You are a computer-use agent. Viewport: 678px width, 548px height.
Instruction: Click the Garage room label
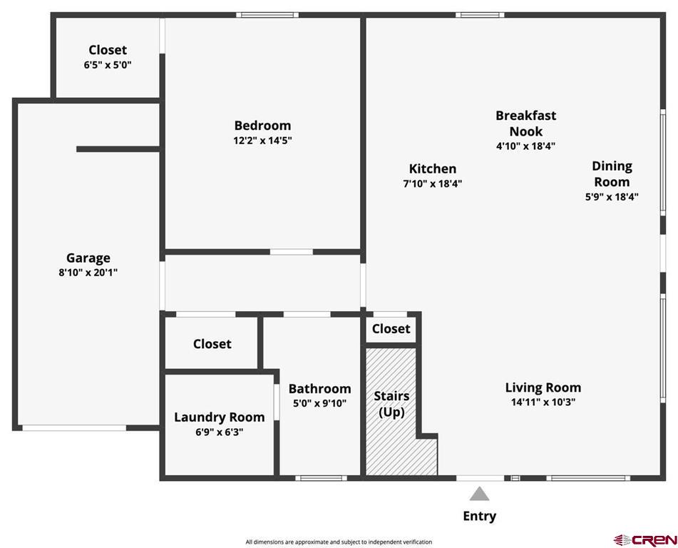(x=88, y=258)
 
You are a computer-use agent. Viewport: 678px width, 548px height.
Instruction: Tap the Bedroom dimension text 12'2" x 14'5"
(x=262, y=141)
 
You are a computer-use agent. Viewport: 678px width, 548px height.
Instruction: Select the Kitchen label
(x=433, y=168)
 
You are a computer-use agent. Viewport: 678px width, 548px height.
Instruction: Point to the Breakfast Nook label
(x=526, y=123)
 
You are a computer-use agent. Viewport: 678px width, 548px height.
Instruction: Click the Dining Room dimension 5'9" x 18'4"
(x=612, y=197)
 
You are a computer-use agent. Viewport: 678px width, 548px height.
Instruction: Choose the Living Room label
(x=543, y=387)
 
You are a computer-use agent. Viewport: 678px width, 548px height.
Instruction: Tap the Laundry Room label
(x=219, y=417)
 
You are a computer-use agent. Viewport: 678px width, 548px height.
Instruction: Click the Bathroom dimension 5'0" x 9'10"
(x=319, y=403)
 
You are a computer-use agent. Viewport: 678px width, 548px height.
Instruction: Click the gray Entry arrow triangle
(x=479, y=494)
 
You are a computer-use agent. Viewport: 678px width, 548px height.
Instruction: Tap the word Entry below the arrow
(x=480, y=516)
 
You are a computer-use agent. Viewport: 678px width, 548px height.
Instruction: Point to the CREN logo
(x=645, y=539)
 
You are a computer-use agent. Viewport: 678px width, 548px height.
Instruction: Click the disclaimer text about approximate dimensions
(x=339, y=542)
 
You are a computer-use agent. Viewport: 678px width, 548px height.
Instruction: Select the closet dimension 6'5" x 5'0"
(x=108, y=66)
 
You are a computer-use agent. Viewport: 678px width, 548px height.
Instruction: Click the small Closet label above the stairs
(x=391, y=329)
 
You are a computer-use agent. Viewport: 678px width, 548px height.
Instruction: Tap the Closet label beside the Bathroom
(x=212, y=344)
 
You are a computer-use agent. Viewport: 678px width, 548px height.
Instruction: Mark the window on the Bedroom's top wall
(x=267, y=15)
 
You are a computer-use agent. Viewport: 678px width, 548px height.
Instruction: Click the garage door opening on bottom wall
(x=74, y=428)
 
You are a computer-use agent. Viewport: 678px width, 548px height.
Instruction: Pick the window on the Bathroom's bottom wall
(x=321, y=478)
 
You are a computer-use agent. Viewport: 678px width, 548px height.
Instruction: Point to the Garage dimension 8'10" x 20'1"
(x=88, y=273)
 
